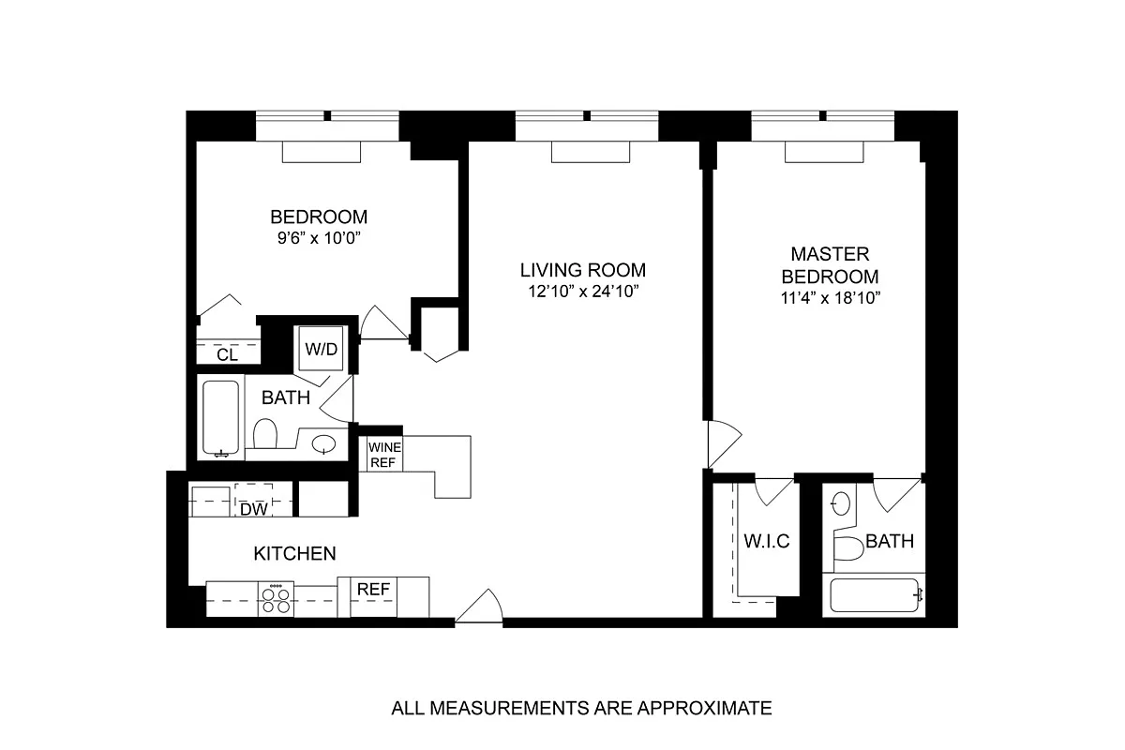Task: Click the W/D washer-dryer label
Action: tap(321, 349)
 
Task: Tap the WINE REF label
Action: tap(384, 455)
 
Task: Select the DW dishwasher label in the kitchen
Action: tap(254, 509)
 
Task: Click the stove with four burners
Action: tap(276, 598)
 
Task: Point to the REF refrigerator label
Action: tap(373, 589)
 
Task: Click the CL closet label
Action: tap(227, 355)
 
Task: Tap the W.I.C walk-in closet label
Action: tap(767, 541)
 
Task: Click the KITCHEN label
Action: tap(294, 553)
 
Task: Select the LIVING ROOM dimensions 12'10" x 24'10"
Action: tap(582, 292)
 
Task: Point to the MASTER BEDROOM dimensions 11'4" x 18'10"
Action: tap(831, 298)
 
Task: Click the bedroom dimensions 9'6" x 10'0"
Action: tap(319, 237)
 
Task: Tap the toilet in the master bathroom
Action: tap(848, 548)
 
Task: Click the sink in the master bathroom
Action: tap(840, 503)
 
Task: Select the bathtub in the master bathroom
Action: tap(875, 595)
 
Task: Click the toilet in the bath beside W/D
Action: tap(264, 433)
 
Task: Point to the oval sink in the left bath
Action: tap(323, 444)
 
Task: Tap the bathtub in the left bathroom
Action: tap(220, 417)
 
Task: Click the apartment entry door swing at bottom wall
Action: tap(480, 606)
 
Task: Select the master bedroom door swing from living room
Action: tap(724, 444)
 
